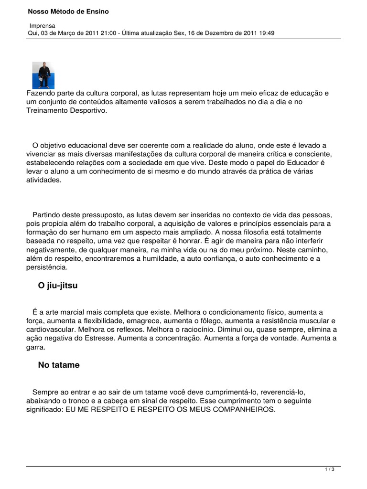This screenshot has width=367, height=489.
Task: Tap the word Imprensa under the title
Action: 43,25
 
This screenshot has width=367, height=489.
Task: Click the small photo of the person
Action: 43,75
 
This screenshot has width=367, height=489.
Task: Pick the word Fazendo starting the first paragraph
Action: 41,93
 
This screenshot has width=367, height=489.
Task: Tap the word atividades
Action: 44,180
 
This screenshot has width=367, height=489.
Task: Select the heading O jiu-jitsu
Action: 57,286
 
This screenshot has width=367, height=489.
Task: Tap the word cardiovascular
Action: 50,330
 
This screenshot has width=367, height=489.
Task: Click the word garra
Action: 34,347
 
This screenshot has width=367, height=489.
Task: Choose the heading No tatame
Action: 59,365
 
